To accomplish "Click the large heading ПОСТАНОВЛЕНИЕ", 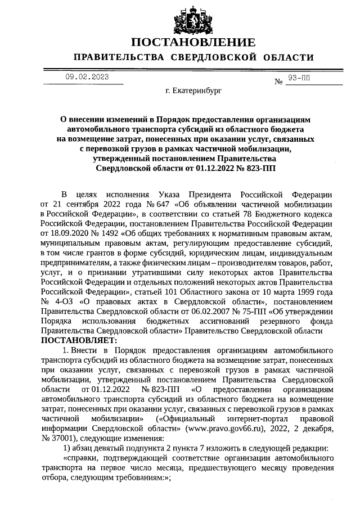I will click(x=193, y=43).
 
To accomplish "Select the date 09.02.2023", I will click(x=87, y=77).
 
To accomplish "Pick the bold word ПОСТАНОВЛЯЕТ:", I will click(x=78, y=340).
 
